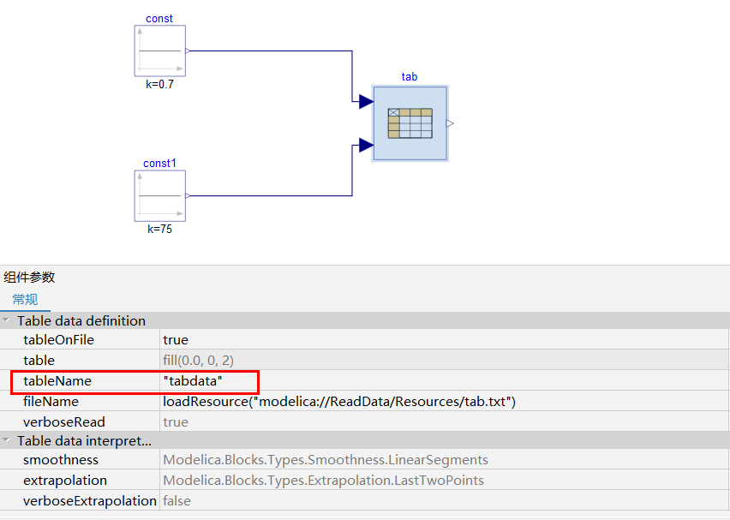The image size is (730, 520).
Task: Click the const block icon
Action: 160,51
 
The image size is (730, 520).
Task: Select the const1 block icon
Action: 160,196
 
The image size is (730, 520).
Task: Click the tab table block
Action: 410,123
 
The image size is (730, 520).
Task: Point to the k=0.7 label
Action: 160,85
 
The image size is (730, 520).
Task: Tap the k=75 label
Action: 159,230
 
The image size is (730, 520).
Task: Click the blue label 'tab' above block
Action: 410,77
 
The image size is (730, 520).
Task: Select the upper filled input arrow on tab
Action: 366,102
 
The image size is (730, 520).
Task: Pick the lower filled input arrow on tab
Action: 366,145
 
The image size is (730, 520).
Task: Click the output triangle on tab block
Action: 450,123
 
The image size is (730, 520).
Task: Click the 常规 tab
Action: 25,299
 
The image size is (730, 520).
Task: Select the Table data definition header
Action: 81,320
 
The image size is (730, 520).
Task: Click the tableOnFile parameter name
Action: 58,340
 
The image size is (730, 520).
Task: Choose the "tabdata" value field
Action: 194,381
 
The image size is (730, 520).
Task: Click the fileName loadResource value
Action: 339,402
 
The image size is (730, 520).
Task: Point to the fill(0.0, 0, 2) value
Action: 198,361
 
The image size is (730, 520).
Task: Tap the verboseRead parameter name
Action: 64,422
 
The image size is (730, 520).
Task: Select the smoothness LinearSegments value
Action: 326,460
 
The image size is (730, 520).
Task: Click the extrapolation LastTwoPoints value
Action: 323,481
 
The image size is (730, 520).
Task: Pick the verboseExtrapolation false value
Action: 177,501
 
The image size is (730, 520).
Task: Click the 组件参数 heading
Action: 29,277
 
